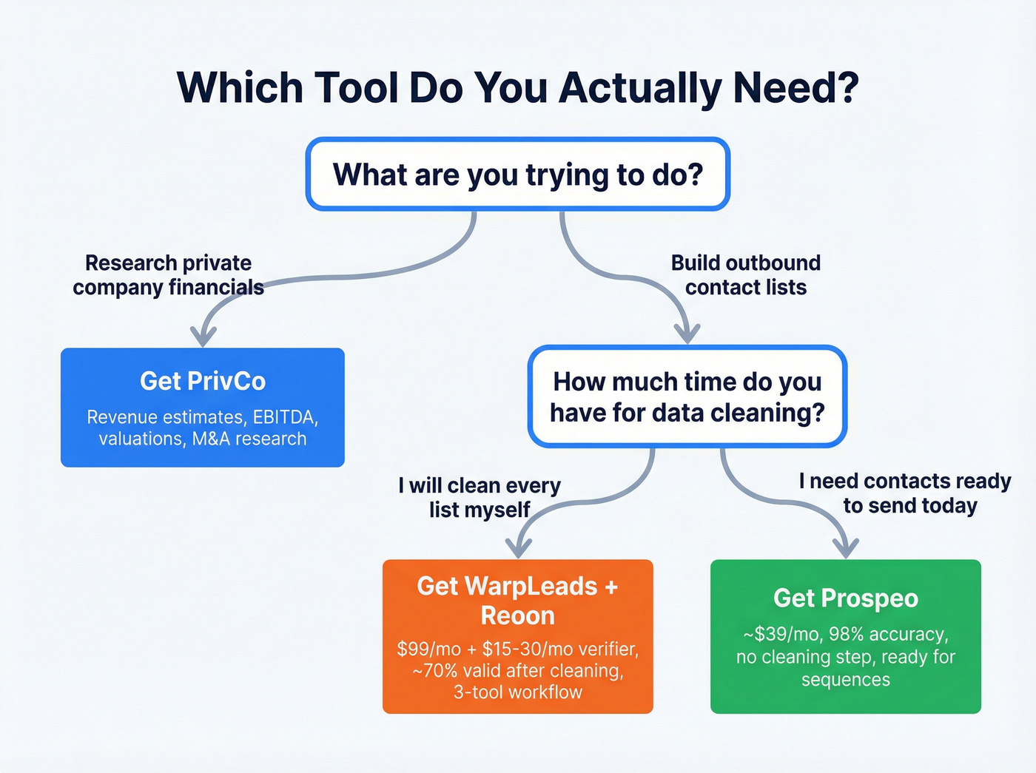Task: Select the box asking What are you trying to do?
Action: coord(518,175)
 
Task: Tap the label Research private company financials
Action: coord(168,275)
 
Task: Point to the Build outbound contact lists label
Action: coord(745,275)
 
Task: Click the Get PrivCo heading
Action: coord(203,381)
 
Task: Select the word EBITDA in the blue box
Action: coord(285,417)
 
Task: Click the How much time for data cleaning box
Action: coord(687,396)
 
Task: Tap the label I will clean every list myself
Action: coord(480,498)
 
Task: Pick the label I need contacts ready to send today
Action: coord(905,493)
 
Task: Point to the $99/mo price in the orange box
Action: coord(429,649)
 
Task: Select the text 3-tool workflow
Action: coord(517,692)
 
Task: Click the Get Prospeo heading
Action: coord(846,598)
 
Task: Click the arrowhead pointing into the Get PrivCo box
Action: coord(203,337)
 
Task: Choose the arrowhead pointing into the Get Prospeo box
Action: coord(846,548)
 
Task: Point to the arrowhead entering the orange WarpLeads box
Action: coord(519,548)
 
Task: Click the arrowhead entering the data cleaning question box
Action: coord(688,334)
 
